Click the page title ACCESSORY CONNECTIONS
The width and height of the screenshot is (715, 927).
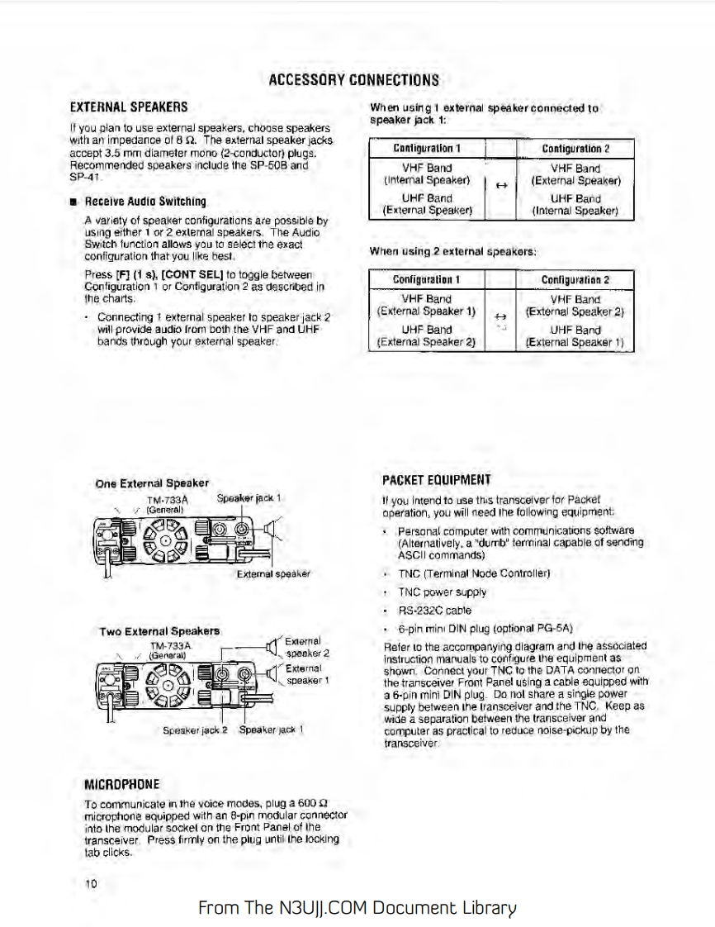click(x=353, y=80)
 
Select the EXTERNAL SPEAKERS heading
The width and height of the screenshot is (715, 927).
click(x=128, y=107)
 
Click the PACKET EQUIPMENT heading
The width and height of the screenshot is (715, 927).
click(x=437, y=480)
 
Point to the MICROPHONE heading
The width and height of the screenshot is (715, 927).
click(x=122, y=783)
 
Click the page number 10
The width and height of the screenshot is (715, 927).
click(x=91, y=883)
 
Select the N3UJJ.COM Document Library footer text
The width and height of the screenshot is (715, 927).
click(x=357, y=908)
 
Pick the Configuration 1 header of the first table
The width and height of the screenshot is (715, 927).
click(x=426, y=149)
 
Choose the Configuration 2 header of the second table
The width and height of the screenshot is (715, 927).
click(x=575, y=279)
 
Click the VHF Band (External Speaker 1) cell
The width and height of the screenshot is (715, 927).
click(x=426, y=306)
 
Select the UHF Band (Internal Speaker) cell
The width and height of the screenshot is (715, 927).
click(x=575, y=205)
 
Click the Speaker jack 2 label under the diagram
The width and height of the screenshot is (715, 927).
click(x=195, y=730)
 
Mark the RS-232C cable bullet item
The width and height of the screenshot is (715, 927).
click(x=434, y=611)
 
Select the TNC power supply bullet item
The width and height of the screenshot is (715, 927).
click(x=443, y=592)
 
